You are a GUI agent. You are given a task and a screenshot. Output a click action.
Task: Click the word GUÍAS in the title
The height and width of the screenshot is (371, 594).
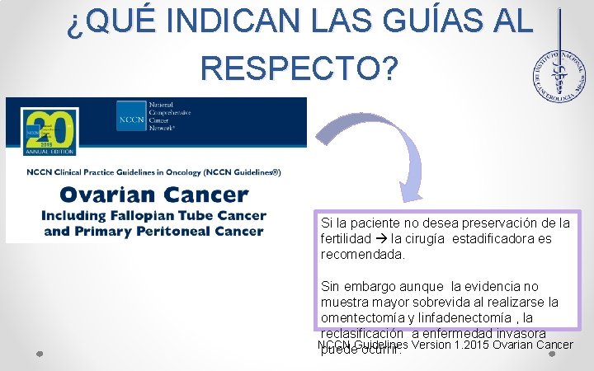pos(391,22)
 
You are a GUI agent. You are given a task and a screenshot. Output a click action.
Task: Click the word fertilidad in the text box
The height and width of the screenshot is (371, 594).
pos(349,239)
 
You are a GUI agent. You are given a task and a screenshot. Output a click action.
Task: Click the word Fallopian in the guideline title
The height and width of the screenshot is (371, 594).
pos(141,216)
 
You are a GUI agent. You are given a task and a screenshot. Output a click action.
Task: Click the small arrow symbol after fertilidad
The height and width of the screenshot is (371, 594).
pos(384,239)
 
